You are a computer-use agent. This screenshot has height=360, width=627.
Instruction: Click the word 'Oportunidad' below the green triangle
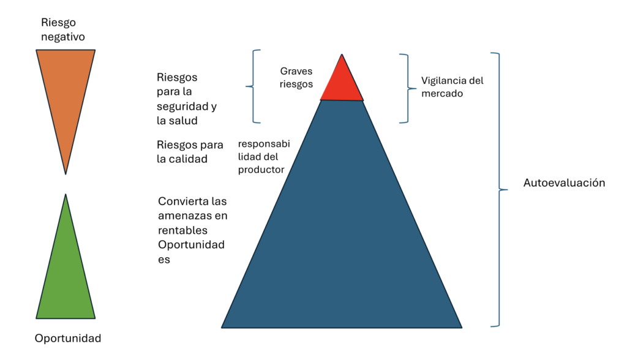coord(68,339)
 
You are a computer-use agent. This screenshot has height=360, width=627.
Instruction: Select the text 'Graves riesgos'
coord(296,78)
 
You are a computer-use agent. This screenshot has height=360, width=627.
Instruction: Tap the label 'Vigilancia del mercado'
coord(452,87)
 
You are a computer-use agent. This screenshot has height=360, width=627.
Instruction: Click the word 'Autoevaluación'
coord(564,183)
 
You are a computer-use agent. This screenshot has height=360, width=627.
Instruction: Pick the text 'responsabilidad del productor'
coord(263,157)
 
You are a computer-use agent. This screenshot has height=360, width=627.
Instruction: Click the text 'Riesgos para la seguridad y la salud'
coord(186,99)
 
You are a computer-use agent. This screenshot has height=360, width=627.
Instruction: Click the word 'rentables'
coord(182,230)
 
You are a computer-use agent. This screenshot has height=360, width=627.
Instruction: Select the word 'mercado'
coord(442,94)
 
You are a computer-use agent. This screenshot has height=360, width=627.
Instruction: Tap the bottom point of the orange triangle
coord(66,172)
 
